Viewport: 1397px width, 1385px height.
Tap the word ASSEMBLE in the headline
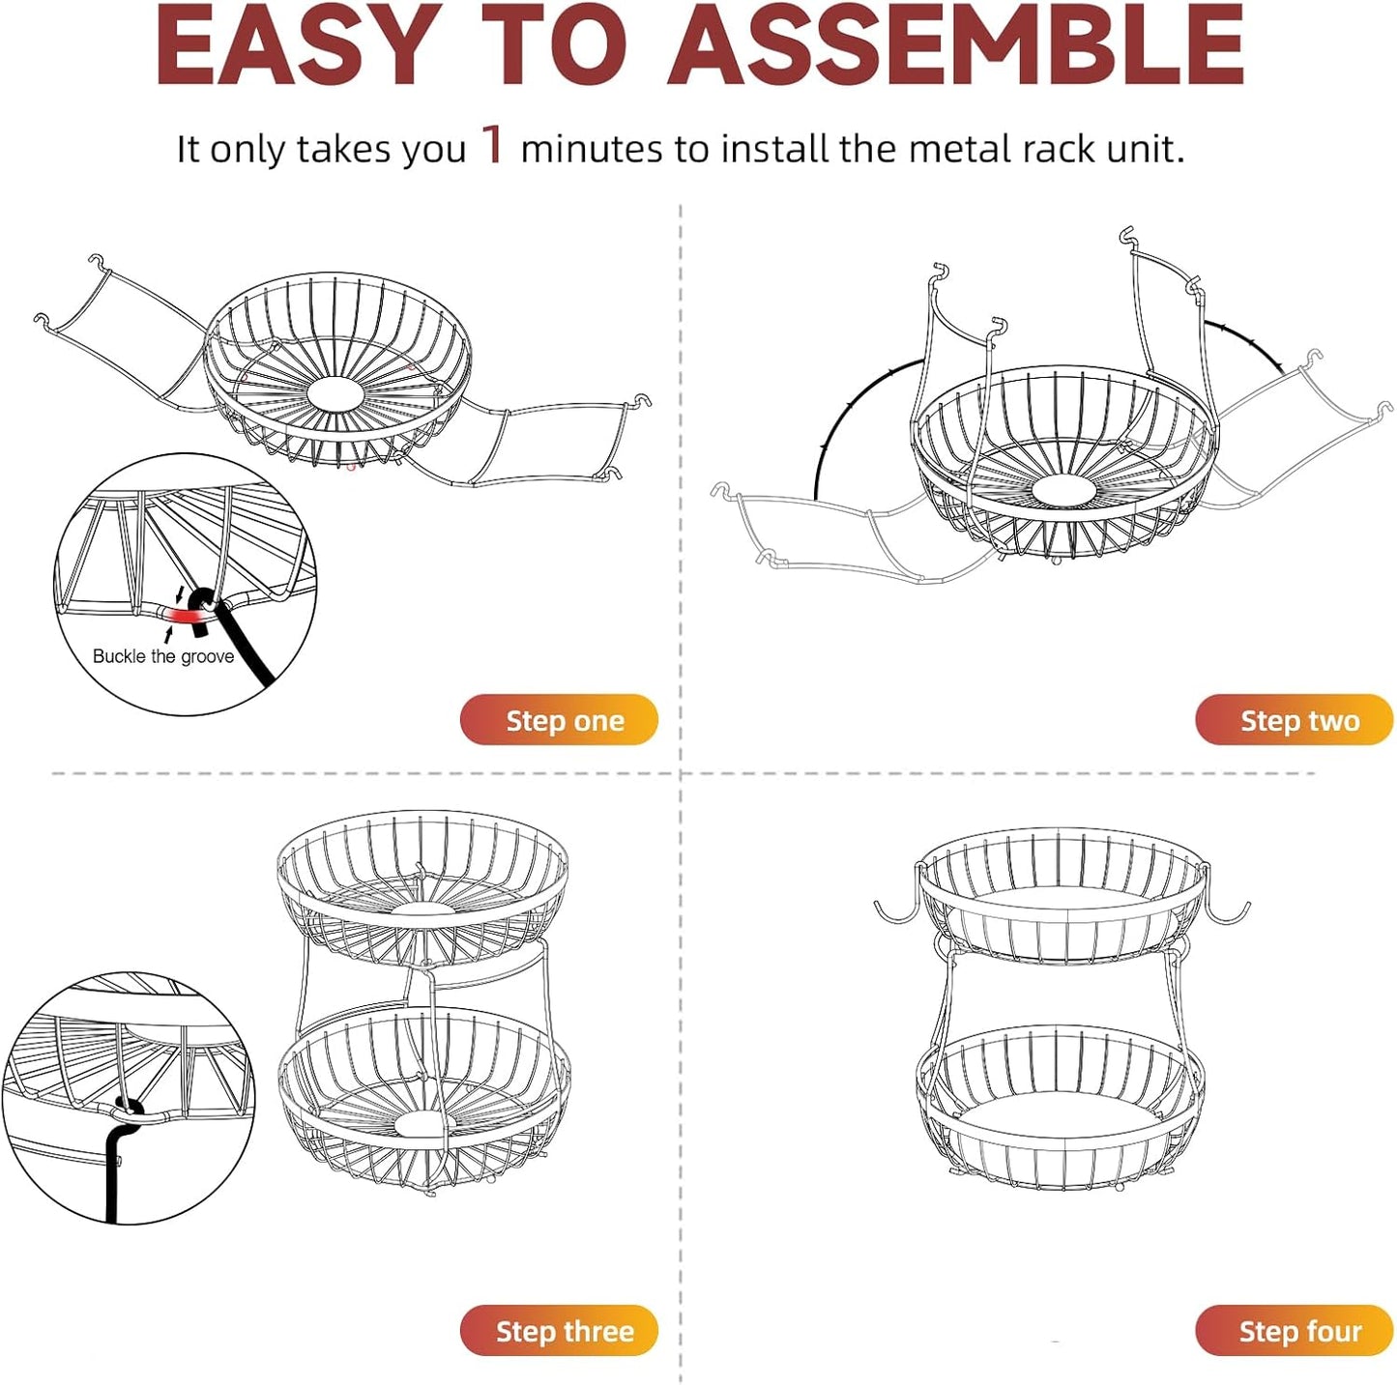pos(954,46)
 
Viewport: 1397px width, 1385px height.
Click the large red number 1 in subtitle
pos(493,145)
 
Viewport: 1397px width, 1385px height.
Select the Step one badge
pos(559,720)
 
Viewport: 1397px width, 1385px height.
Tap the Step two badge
pos(1294,720)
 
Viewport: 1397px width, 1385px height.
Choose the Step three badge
pos(559,1331)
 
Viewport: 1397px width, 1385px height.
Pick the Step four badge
pos(1294,1331)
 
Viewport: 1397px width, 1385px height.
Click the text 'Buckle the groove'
pos(163,656)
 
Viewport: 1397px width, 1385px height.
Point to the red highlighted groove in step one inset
pos(180,616)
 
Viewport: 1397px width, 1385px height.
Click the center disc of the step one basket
pos(335,393)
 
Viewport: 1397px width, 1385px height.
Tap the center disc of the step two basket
pos(1063,490)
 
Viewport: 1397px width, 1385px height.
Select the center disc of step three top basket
pos(422,909)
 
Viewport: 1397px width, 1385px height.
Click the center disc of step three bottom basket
pos(422,1123)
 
